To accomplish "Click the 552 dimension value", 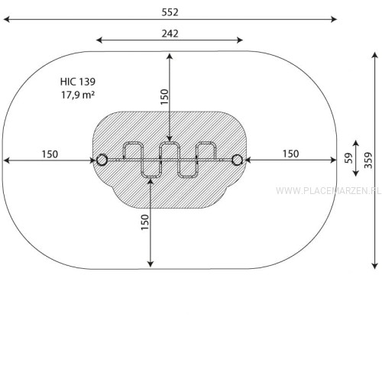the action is [170, 12].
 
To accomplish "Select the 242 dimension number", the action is [170, 34].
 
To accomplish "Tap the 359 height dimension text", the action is [368, 160].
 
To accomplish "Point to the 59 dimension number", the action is [348, 158].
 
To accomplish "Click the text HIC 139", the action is [78, 82].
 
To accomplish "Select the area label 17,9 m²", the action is [78, 95].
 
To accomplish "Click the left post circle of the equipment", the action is [102, 160].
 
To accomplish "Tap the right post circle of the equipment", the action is [237, 160].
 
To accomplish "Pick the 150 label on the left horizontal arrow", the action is [50, 154].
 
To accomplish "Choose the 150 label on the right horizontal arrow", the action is [290, 154].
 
